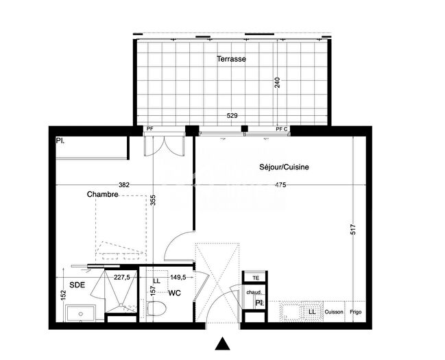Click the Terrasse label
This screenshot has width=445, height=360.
coord(231,59)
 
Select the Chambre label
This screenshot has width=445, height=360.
coord(103,194)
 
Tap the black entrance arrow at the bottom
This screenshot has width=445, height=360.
coord(221,344)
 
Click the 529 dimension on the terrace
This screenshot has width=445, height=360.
coord(232,116)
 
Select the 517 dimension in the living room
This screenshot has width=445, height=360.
coord(354,231)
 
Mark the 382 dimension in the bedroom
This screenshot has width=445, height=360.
coord(124,184)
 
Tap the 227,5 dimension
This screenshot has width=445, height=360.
coord(123,278)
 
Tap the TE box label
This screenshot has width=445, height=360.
coord(256,278)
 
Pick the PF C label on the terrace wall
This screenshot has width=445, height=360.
coord(281,129)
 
